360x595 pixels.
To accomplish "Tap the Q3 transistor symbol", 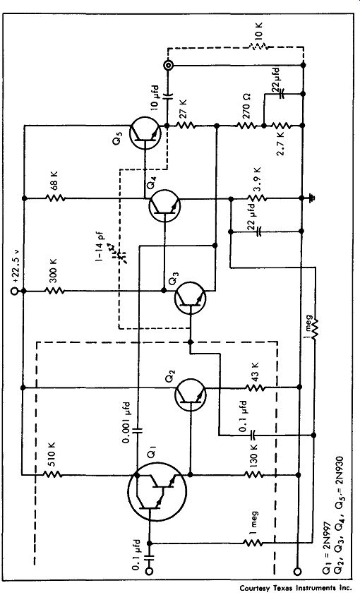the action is pos(190,299).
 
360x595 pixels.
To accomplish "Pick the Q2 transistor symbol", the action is pos(191,395).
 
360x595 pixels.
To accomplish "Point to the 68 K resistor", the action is pos(55,198).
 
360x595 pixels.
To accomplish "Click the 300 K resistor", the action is pos(55,291).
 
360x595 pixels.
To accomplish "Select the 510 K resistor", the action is pos(52,474).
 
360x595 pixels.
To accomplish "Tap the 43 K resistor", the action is pos(255,387).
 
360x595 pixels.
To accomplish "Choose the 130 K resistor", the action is pos(254,474).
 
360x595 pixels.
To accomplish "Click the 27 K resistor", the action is pos(186,125).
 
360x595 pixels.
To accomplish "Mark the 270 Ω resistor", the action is pos(246,125).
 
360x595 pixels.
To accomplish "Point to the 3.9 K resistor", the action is pos(257,198).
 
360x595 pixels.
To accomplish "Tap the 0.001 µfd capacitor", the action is pos(138,430).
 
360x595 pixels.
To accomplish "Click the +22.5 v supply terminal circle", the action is pos(14,291).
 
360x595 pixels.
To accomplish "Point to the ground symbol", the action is pos(311,198).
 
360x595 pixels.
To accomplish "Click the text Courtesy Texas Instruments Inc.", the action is pos(296,588).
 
